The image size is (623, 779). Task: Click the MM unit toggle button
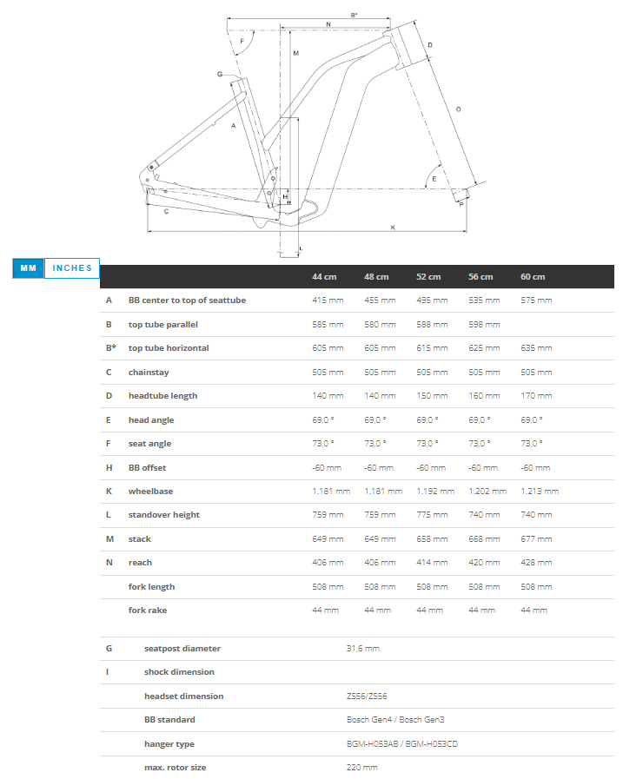click(x=28, y=267)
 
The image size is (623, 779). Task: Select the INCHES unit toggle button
click(x=72, y=267)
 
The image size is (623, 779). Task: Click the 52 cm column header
click(x=428, y=276)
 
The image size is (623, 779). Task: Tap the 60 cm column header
click(x=533, y=276)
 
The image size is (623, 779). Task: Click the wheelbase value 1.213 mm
click(x=540, y=491)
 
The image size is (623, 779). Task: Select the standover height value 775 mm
click(x=432, y=514)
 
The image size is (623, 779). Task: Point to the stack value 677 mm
click(x=536, y=538)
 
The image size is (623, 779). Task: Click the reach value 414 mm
click(x=432, y=562)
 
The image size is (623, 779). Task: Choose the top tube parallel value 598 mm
click(x=484, y=324)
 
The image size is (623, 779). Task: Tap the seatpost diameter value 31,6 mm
click(x=362, y=648)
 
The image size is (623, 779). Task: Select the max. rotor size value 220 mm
click(x=361, y=767)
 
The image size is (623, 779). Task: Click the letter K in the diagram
click(x=393, y=227)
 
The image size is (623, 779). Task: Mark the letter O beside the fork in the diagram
click(x=458, y=109)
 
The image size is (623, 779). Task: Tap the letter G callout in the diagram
click(x=220, y=75)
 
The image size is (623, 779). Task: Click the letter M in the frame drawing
click(x=295, y=54)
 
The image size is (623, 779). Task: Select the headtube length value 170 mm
click(x=536, y=395)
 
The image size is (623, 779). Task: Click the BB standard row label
click(x=169, y=719)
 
